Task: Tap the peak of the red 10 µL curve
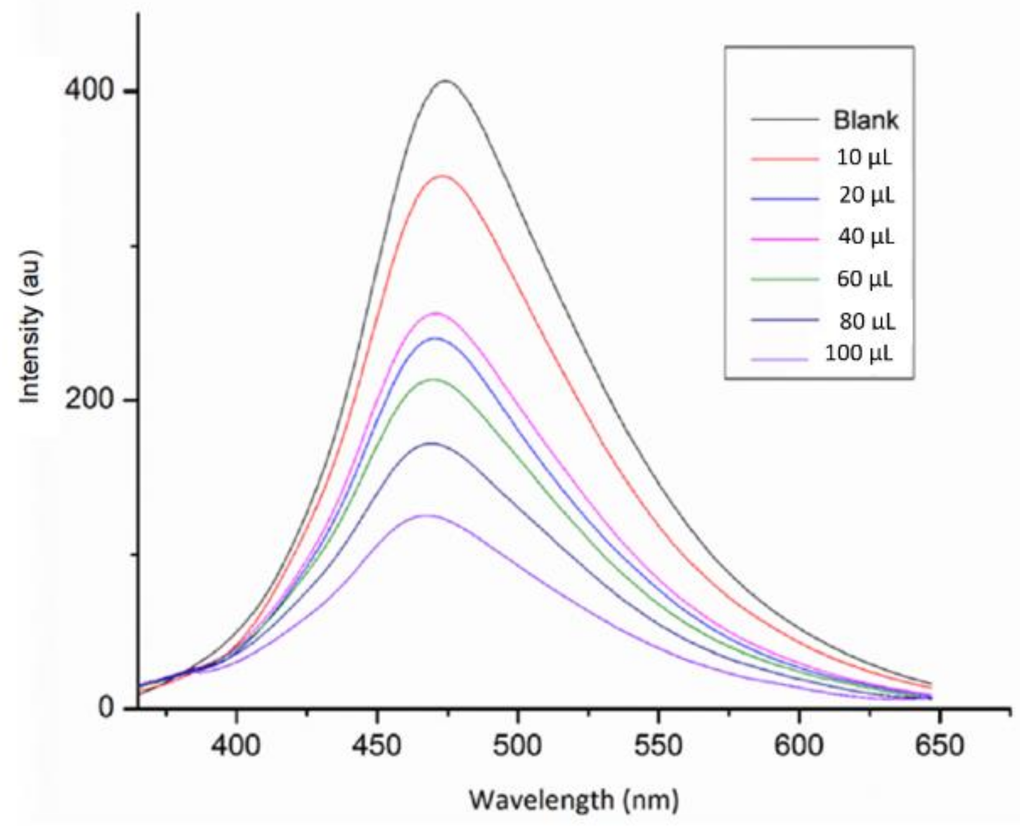pos(443,177)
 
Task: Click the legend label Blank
pos(865,120)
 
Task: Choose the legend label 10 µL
pos(864,158)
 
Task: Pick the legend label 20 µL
pos(866,196)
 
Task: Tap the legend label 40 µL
pos(865,237)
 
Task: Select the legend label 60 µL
pos(865,278)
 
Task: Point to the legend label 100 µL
pos(859,354)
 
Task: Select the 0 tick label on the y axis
pos(106,708)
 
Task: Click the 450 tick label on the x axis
pos(377,745)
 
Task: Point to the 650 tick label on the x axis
pos(939,745)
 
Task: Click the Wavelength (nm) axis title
pos(573,799)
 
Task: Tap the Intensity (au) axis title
pos(30,326)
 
